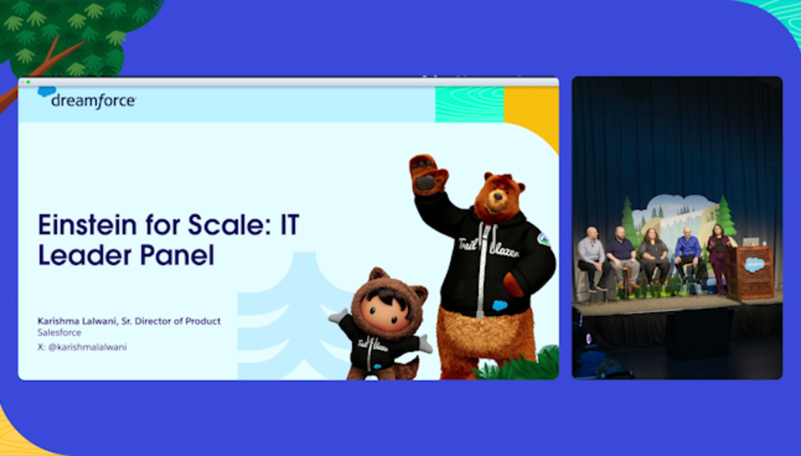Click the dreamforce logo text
click(93, 101)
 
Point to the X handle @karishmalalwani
click(87, 348)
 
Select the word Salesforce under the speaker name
click(59, 333)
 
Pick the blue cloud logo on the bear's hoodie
click(500, 306)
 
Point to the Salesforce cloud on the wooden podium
click(754, 264)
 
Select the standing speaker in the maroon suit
click(719, 258)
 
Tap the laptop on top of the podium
click(750, 242)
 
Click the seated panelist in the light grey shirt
click(592, 258)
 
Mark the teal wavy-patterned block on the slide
click(470, 104)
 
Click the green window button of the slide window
click(29, 82)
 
